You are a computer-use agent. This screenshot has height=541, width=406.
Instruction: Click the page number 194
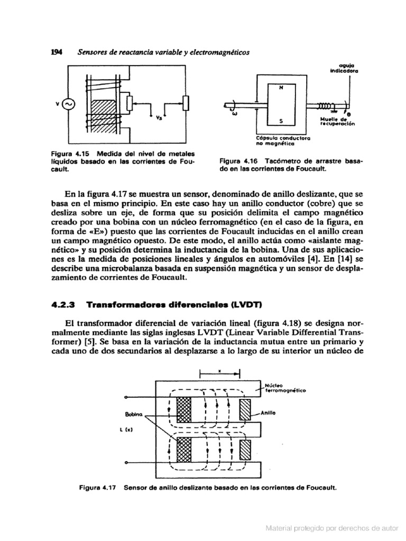coord(57,52)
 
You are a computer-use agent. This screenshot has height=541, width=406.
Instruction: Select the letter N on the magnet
coord(281,87)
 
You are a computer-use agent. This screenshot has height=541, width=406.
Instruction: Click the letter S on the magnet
coord(281,120)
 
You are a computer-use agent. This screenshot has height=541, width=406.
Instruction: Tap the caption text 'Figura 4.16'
coord(236,161)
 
